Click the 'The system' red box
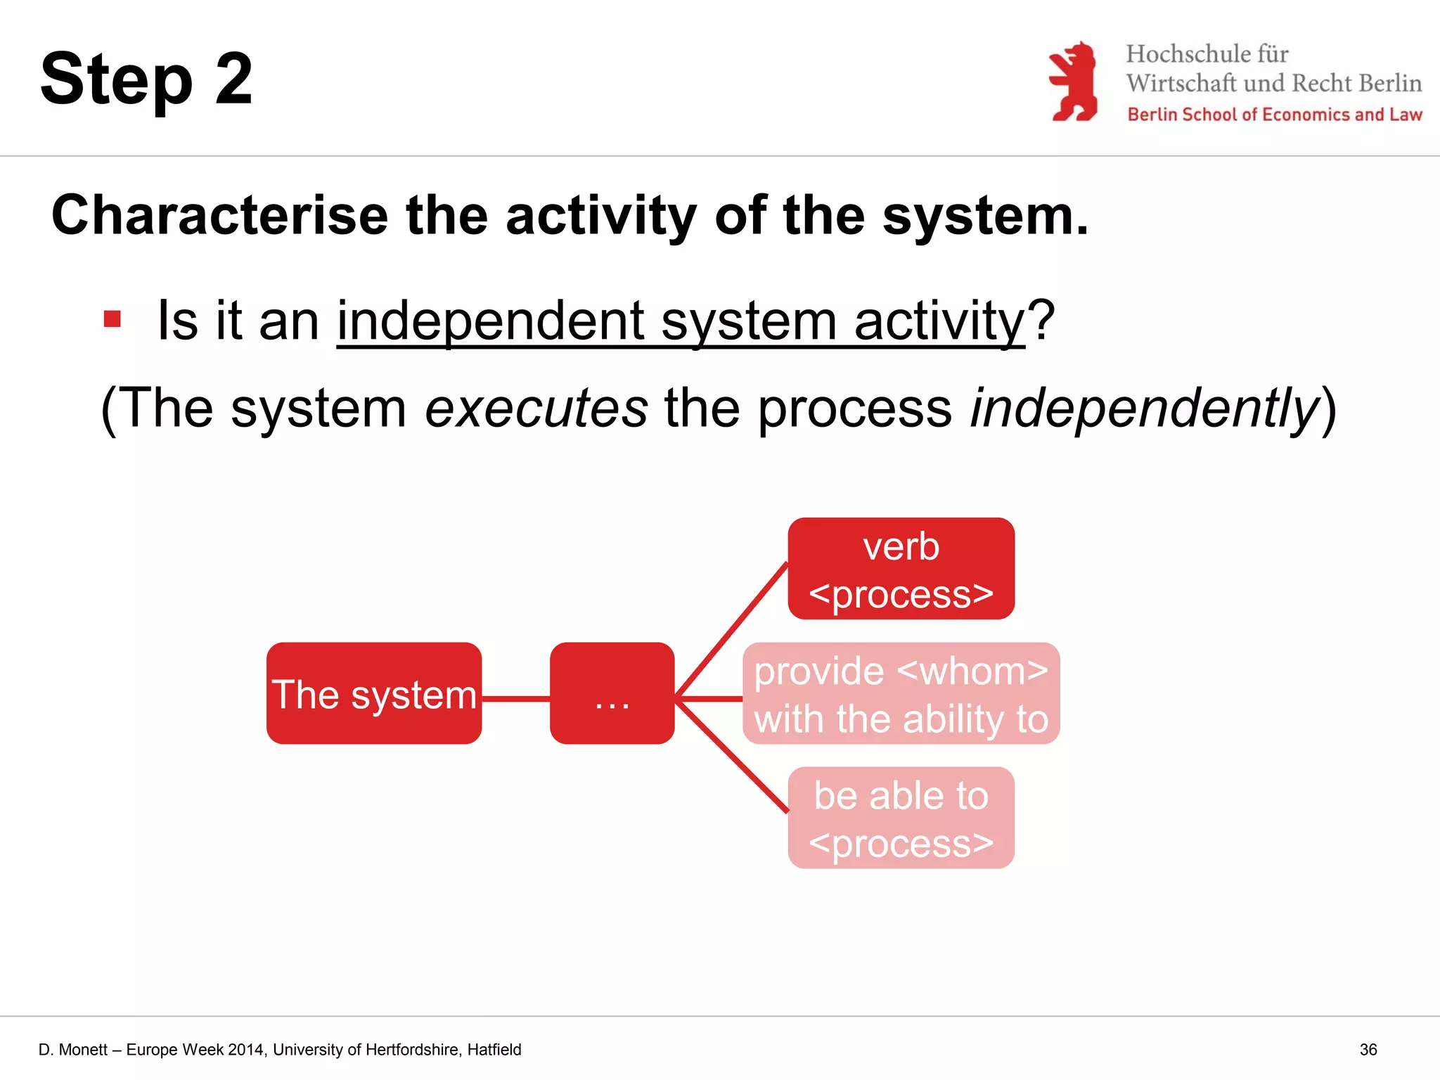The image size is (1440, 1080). tap(373, 693)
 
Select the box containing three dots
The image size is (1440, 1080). tap(612, 693)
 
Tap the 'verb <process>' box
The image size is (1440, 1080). tap(901, 569)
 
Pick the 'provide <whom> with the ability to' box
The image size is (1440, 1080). tap(901, 693)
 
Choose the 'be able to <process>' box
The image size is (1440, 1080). tap(901, 818)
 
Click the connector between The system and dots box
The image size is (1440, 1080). tap(515, 699)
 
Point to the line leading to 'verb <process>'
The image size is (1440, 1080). tap(731, 629)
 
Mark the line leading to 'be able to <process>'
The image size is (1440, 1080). tap(731, 758)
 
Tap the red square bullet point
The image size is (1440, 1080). tap(112, 319)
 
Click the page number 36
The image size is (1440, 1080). tap(1368, 1050)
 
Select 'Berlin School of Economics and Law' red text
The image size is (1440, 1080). tap(1274, 115)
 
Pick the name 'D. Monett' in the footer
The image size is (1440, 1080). tap(72, 1050)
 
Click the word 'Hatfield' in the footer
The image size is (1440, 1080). tap(494, 1050)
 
